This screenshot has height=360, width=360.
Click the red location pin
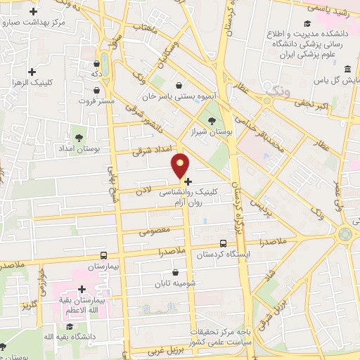pyautogui.click(x=181, y=164)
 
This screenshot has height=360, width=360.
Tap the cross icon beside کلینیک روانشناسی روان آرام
pyautogui.click(x=188, y=181)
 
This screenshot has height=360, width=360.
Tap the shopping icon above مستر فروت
pyautogui.click(x=96, y=90)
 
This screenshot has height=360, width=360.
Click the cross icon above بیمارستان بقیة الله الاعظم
pyautogui.click(x=82, y=289)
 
